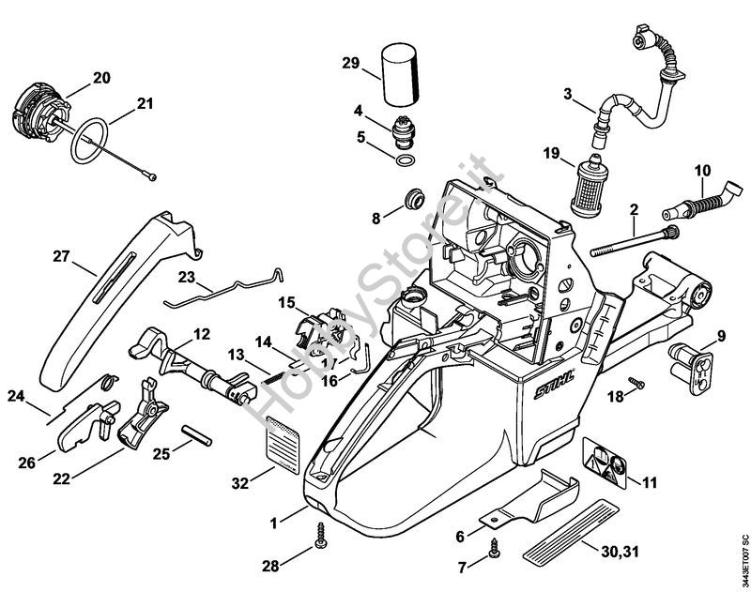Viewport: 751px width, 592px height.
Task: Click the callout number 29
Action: tap(351, 63)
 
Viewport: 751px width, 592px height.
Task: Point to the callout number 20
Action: tap(101, 77)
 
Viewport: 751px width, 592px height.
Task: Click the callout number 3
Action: tap(567, 93)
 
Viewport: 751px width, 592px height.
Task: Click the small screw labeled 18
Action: tap(637, 383)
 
